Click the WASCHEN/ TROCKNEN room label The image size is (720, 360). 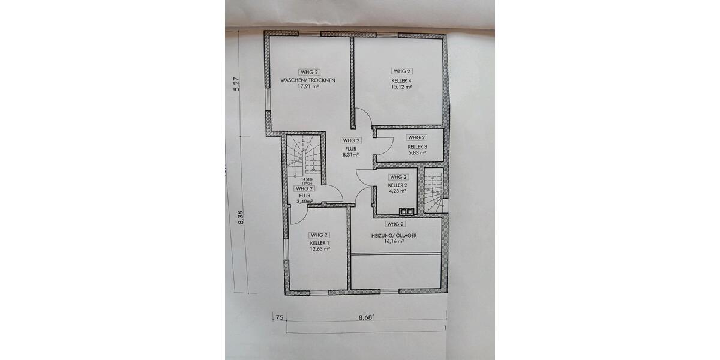pyautogui.click(x=308, y=80)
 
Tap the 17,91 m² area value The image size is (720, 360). pyautogui.click(x=308, y=86)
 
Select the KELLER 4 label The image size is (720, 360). pyautogui.click(x=401, y=80)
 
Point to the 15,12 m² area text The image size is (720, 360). pyautogui.click(x=401, y=86)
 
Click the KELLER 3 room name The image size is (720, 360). pyautogui.click(x=417, y=146)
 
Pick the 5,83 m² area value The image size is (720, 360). pyautogui.click(x=417, y=153)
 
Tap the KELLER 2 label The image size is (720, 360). pyautogui.click(x=398, y=186)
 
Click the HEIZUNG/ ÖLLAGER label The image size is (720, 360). pyautogui.click(x=394, y=236)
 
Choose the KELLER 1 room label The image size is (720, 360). pyautogui.click(x=320, y=243)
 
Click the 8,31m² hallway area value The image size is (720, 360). pyautogui.click(x=351, y=155)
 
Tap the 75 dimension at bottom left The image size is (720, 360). pyautogui.click(x=278, y=318)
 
